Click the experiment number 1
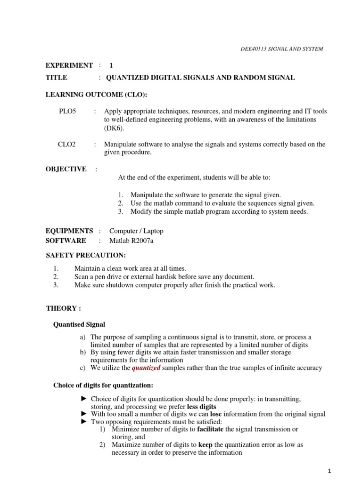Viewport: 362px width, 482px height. (111, 65)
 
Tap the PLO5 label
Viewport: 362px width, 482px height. (67, 112)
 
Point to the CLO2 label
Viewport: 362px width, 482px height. (67, 145)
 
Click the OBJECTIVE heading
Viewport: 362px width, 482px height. (66, 169)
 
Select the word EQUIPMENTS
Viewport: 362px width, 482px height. (69, 231)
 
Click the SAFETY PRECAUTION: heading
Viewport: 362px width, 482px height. (86, 256)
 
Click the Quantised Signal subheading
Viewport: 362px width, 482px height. (79, 325)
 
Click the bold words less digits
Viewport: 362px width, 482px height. (201, 406)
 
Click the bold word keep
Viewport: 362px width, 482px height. (206, 445)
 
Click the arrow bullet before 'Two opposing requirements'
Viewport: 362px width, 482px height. (84, 422)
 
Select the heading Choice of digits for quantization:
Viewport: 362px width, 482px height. (103, 386)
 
